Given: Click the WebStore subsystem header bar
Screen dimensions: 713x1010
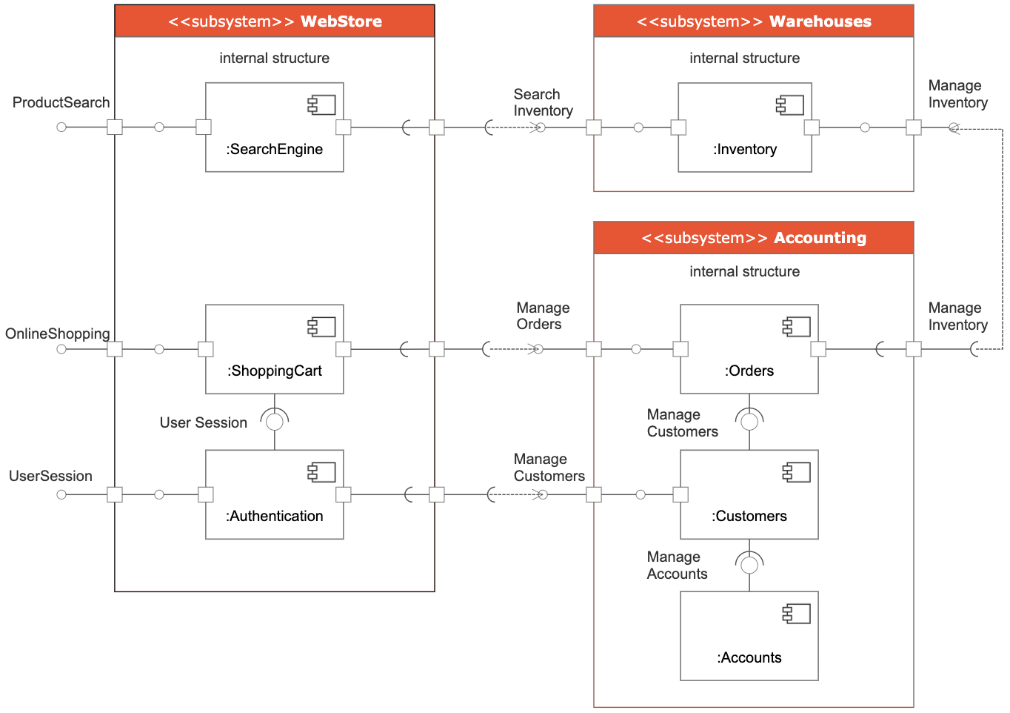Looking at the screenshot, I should pyautogui.click(x=274, y=21).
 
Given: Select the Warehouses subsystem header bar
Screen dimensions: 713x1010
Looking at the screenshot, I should pyautogui.click(x=753, y=21).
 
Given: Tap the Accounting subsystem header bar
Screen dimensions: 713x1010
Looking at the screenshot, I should pyautogui.click(x=753, y=238).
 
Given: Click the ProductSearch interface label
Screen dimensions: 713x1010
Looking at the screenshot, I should pyautogui.click(x=61, y=102).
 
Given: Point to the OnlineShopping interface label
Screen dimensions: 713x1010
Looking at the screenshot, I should pyautogui.click(x=58, y=334).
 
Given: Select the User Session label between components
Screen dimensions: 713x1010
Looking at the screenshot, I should pyautogui.click(x=203, y=422).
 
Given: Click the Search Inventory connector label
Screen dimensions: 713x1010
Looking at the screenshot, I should pyautogui.click(x=543, y=102).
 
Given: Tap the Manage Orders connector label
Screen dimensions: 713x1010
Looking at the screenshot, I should pyautogui.click(x=543, y=316).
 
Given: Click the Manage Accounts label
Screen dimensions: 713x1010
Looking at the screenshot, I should pyautogui.click(x=677, y=565).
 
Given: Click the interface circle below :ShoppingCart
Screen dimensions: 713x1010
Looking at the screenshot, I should pyautogui.click(x=275, y=422).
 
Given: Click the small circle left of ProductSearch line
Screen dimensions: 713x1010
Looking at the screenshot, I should pyautogui.click(x=61, y=127).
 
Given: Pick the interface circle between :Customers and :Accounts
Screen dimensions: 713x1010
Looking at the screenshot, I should pyautogui.click(x=749, y=565).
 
